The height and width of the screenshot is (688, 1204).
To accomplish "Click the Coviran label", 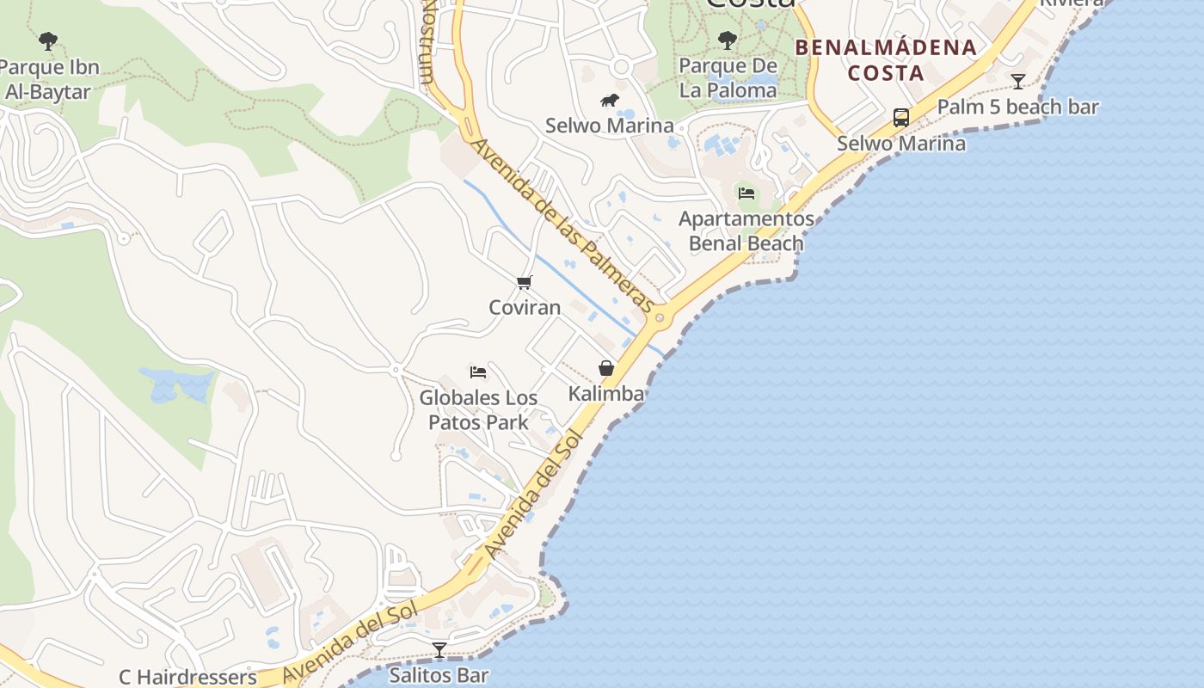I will pos(525,307).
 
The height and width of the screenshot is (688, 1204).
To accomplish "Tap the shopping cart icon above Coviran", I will pos(525,282).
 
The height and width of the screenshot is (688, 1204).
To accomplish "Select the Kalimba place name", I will pos(606,394).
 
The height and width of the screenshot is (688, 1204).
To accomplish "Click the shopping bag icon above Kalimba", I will pos(606,369).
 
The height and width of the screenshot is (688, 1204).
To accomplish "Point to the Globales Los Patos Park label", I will pos(478,410).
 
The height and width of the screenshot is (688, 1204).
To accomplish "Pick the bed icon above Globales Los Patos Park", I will pos(478,372).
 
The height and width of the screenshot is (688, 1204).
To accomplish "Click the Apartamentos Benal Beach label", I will pos(746,230).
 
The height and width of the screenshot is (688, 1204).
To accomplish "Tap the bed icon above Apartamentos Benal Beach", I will pos(746,193).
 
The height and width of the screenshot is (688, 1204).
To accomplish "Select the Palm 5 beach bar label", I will pos(1018,107).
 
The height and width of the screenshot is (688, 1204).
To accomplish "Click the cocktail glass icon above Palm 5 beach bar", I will pos(1018,82).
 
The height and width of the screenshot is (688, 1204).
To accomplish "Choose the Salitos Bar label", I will pos(439,675).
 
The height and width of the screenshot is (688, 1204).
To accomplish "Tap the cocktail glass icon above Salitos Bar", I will pos(439,650).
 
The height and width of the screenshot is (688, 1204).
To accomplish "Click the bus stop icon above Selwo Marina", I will pos(901,118).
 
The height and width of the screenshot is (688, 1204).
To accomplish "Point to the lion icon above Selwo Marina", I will pos(610,101).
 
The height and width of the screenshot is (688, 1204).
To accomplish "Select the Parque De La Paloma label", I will pos(728,77).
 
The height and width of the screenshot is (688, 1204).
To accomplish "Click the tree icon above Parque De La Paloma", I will pos(728,40).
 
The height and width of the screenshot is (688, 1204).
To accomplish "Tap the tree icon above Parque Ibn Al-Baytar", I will pos(48,40).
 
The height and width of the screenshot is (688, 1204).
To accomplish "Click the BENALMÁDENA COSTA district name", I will pos(886,59).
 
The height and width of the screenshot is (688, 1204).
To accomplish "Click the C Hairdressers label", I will pos(187,677).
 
